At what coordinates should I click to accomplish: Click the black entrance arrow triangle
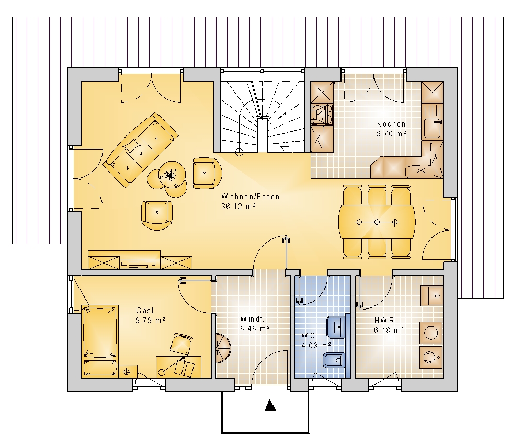pyautogui.click(x=270, y=405)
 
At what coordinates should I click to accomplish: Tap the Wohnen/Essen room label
pyautogui.click(x=251, y=197)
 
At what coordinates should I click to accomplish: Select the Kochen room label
pyautogui.click(x=391, y=124)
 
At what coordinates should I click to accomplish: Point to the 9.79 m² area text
pyautogui.click(x=151, y=321)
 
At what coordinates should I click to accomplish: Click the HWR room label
pyautogui.click(x=384, y=321)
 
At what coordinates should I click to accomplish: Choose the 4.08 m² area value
pyautogui.click(x=316, y=345)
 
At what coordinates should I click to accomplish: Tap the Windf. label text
pyautogui.click(x=253, y=319)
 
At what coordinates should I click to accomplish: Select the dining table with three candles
pyautogui.click(x=377, y=221)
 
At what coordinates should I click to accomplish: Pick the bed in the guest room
pyautogui.click(x=100, y=341)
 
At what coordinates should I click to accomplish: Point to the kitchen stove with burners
pyautogui.click(x=322, y=115)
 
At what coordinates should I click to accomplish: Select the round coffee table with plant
pyautogui.click(x=172, y=174)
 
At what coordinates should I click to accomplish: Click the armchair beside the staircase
pyautogui.click(x=207, y=173)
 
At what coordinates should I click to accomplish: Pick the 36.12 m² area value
pyautogui.click(x=238, y=207)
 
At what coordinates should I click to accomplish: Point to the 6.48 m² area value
pyautogui.click(x=389, y=330)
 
